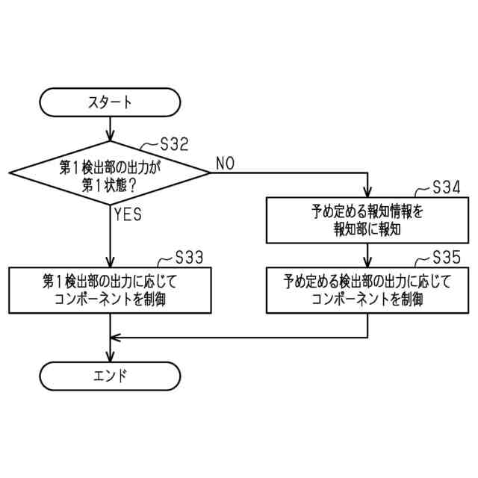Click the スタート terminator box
111,102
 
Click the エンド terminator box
111,375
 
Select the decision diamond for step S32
111,173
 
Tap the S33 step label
188,258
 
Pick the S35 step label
447,258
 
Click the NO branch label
225,163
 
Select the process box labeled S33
111,291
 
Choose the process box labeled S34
368,220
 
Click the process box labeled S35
368,291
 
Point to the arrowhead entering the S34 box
368,193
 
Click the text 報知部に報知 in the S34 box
368,229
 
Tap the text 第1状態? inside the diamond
111,183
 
